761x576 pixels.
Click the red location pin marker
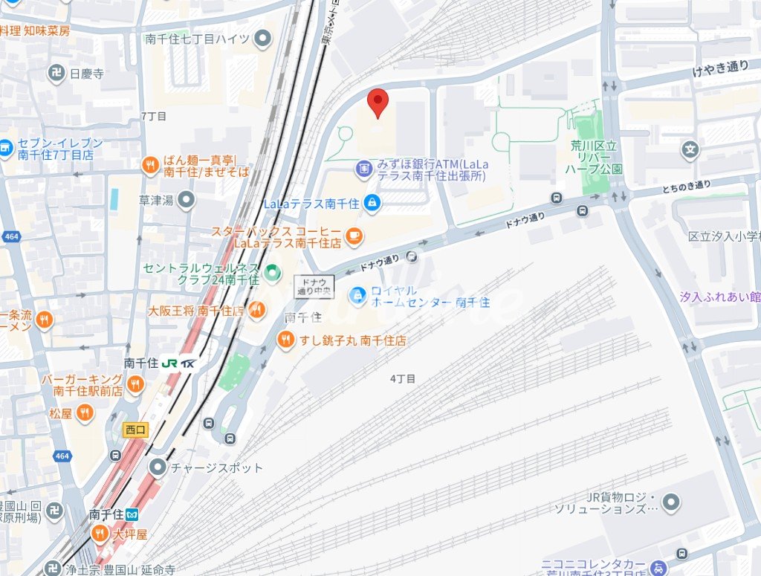click(x=378, y=101)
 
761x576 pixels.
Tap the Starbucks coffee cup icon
click(x=354, y=236)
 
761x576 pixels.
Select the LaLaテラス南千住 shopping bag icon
click(x=374, y=201)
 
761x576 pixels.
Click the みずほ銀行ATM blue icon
click(x=363, y=169)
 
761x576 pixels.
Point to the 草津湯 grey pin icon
click(x=186, y=199)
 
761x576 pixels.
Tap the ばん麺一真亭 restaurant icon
click(x=150, y=165)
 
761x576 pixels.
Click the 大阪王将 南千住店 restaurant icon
click(x=257, y=310)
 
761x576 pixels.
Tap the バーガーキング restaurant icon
click(x=135, y=384)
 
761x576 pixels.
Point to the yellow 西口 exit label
click(x=136, y=430)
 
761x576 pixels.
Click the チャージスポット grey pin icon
click(x=158, y=467)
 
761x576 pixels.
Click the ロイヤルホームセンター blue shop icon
click(x=359, y=296)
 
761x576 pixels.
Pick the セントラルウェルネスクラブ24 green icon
click(x=273, y=272)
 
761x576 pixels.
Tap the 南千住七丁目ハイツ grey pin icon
click(x=262, y=39)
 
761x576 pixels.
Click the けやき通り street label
click(x=720, y=67)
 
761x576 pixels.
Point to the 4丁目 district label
click(x=403, y=378)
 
